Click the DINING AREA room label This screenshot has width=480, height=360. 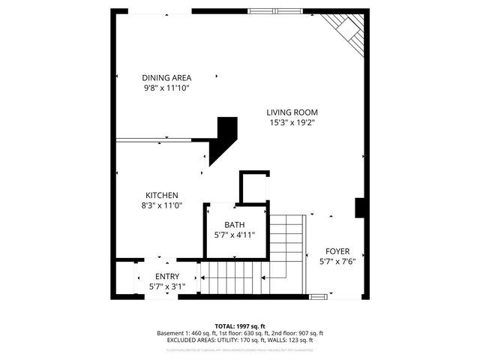click(166, 77)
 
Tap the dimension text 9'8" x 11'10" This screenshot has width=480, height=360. click(166, 88)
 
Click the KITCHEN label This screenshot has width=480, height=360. click(161, 195)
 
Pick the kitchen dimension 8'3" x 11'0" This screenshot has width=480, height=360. click(161, 205)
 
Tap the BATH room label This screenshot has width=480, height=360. click(235, 225)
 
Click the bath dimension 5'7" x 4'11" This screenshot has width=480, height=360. click(235, 235)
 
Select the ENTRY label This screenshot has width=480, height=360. click(167, 276)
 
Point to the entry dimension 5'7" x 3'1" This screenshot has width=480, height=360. click(167, 286)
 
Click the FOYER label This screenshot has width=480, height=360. click(337, 251)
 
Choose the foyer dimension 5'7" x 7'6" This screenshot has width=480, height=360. click(337, 262)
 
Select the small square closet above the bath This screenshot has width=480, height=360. click(253, 187)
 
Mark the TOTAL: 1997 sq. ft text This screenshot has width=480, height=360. click(239, 326)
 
